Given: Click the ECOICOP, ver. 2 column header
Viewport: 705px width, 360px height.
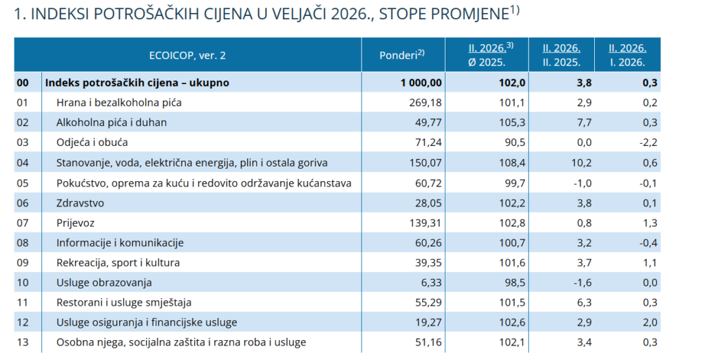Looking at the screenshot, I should click(x=187, y=55).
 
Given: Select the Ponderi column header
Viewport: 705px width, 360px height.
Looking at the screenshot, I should click(x=402, y=54).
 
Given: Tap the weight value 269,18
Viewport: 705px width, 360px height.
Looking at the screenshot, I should click(x=425, y=103).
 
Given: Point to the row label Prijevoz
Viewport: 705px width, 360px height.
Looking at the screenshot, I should click(x=76, y=222).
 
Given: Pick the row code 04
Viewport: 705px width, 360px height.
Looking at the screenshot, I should click(x=23, y=162).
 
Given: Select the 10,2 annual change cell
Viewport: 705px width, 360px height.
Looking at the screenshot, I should click(x=580, y=162).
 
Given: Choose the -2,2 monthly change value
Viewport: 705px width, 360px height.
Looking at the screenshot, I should click(x=646, y=142).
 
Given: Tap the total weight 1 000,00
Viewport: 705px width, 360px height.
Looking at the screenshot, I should click(x=421, y=83).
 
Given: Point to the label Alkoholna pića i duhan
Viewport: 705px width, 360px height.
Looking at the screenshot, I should click(x=112, y=123).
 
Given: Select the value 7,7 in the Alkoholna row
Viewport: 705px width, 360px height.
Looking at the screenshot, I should click(x=583, y=123).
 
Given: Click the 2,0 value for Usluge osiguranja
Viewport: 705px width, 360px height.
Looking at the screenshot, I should click(x=649, y=322).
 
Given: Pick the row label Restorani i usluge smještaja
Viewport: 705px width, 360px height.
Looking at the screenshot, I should click(x=124, y=302).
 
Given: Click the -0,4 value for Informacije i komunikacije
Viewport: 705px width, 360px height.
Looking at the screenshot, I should click(x=646, y=242).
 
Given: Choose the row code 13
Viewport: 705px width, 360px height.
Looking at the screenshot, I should click(x=23, y=342).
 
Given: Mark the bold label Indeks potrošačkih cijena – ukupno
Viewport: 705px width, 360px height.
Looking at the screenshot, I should click(x=137, y=83).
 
